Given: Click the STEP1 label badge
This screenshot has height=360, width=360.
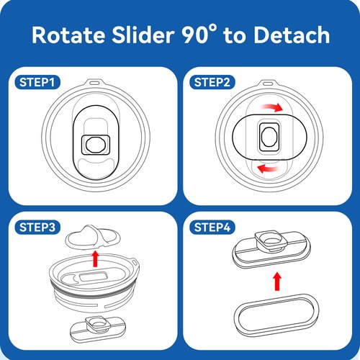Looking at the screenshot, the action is tap(37, 82).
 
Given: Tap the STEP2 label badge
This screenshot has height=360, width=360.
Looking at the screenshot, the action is tap(212, 82).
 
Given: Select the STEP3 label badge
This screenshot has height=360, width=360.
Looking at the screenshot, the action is tap(37, 228).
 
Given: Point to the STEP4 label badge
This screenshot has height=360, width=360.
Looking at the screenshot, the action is tap(212, 228).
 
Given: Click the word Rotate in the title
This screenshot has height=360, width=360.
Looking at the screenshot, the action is tap(68, 35).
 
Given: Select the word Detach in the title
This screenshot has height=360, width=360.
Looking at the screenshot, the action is tap(292, 35).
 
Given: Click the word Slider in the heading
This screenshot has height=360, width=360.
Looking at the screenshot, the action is tap(143, 35).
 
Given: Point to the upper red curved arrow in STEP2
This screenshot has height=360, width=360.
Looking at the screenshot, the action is tap(272, 107).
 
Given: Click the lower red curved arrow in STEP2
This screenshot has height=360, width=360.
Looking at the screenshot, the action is tap(269, 168).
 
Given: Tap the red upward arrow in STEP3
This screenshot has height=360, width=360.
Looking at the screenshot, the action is tap(95, 258).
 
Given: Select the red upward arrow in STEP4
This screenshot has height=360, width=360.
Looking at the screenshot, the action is tap(277, 282).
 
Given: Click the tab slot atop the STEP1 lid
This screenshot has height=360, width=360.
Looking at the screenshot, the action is tap(94, 83).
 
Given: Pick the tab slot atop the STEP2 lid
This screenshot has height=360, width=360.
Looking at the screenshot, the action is tap(269, 83).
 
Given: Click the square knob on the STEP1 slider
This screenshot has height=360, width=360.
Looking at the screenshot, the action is tap(96, 145).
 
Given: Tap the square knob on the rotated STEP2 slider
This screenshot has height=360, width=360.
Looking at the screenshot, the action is tap(269, 137).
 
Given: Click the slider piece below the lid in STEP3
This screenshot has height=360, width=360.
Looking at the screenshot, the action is tap(98, 328).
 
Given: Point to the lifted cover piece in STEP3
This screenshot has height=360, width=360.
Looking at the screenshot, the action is tap(93, 237).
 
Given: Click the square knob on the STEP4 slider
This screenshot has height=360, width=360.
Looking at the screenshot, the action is tap(271, 240).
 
